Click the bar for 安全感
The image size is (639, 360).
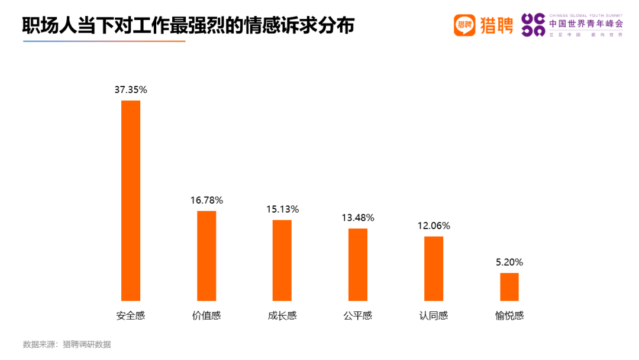pos(131,201)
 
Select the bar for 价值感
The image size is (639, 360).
pos(206,256)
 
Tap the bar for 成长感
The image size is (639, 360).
pos(282,261)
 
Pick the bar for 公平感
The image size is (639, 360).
pos(358,265)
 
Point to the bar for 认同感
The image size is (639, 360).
pos(434,269)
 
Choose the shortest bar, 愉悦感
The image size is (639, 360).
pos(509,287)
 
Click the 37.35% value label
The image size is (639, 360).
pos(131,90)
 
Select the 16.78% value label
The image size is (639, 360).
pos(206,200)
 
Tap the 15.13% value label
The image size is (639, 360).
pos(282,209)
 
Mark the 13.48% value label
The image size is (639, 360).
pos(358,217)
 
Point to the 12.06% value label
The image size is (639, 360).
pos(434,226)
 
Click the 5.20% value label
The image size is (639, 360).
pos(509,262)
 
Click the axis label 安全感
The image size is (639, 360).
pos(131,316)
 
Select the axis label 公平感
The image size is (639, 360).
pos(358,316)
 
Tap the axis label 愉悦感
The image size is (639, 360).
pos(509,316)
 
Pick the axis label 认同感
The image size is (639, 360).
pos(434,316)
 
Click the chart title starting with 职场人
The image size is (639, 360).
pos(188,25)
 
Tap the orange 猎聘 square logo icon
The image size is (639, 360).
pos(464,25)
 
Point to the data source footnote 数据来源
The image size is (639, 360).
pos(67,345)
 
